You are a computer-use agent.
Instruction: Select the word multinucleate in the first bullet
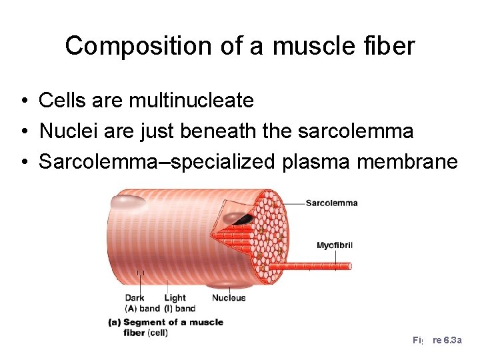pos(191,101)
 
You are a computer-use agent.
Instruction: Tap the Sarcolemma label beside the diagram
pos(331,203)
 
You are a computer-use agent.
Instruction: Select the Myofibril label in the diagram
pos(334,245)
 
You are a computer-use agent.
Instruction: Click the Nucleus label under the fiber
pos(229,298)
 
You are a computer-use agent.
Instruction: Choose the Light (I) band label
pos(179,303)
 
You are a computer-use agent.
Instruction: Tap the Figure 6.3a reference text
pos(437,340)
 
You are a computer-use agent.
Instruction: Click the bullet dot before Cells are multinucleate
pos(23,101)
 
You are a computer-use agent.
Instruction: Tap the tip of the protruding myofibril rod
pos(348,266)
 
